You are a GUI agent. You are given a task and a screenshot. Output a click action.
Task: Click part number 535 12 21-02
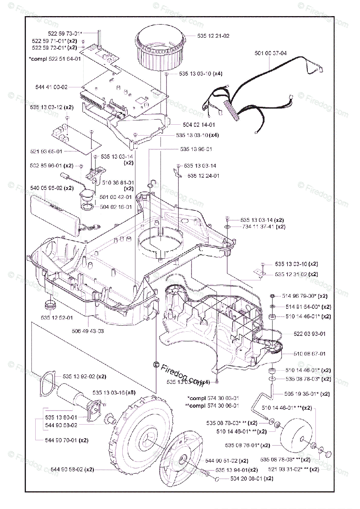[214, 36]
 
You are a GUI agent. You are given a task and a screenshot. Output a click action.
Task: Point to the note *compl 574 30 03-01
[213, 398]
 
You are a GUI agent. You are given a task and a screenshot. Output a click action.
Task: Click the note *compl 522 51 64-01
[55, 59]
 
